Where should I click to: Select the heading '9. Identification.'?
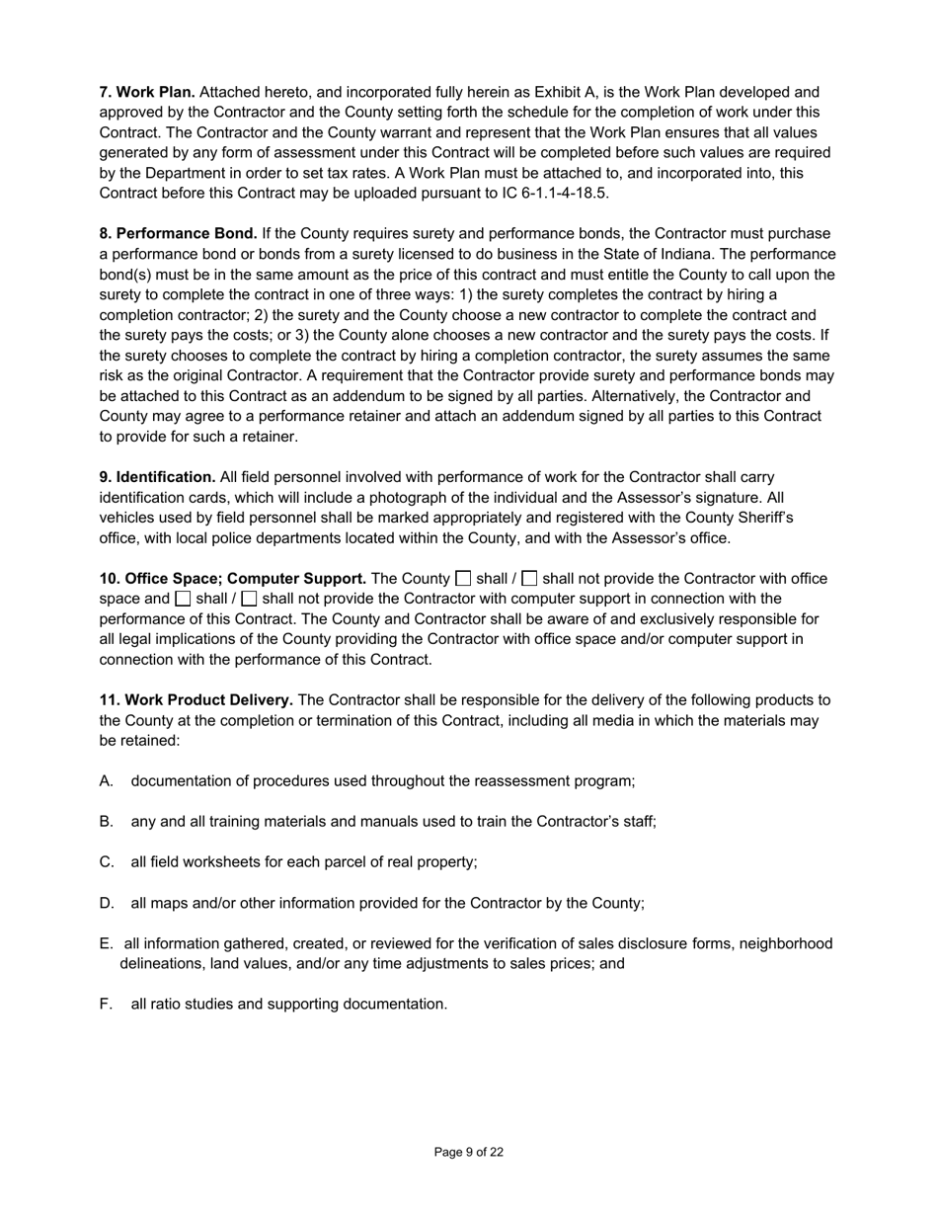pos(157,477)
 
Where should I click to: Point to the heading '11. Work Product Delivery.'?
pos(195,700)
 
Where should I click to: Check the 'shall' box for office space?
pos(463,579)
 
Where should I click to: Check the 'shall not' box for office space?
pos(529,579)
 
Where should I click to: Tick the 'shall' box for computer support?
pos(183,599)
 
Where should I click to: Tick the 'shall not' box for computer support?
pos(249,599)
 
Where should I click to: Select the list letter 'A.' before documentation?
pos(107,781)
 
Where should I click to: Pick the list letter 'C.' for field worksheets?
pos(107,862)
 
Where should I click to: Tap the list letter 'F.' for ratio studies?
pos(106,1005)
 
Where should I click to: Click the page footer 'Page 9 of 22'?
pos(469,1152)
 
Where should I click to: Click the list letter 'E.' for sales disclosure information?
pos(106,943)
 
